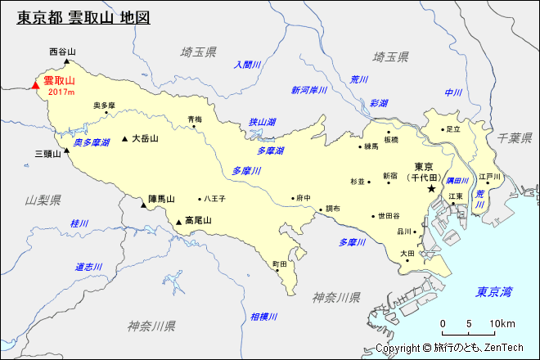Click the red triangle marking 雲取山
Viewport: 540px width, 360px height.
(34, 83)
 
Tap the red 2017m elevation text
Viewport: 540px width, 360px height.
(61, 92)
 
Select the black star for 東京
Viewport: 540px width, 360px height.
(431, 189)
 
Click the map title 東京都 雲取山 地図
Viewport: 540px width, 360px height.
(83, 17)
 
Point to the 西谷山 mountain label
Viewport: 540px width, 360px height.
(62, 52)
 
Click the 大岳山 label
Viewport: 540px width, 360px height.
(145, 139)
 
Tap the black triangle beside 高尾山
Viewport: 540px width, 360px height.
(178, 221)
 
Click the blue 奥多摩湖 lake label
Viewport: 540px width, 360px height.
(91, 142)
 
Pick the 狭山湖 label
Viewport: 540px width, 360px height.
(263, 122)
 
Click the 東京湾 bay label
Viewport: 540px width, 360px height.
(496, 291)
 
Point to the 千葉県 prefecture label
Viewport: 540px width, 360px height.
(515, 138)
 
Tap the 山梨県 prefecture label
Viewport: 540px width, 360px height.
(43, 200)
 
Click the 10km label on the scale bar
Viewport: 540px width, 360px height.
(502, 324)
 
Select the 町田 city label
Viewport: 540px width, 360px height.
(280, 264)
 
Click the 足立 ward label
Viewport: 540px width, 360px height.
(452, 129)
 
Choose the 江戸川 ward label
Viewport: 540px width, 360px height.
(489, 177)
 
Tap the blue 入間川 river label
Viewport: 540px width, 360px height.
(246, 65)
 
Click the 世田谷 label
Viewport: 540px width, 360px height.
(389, 216)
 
